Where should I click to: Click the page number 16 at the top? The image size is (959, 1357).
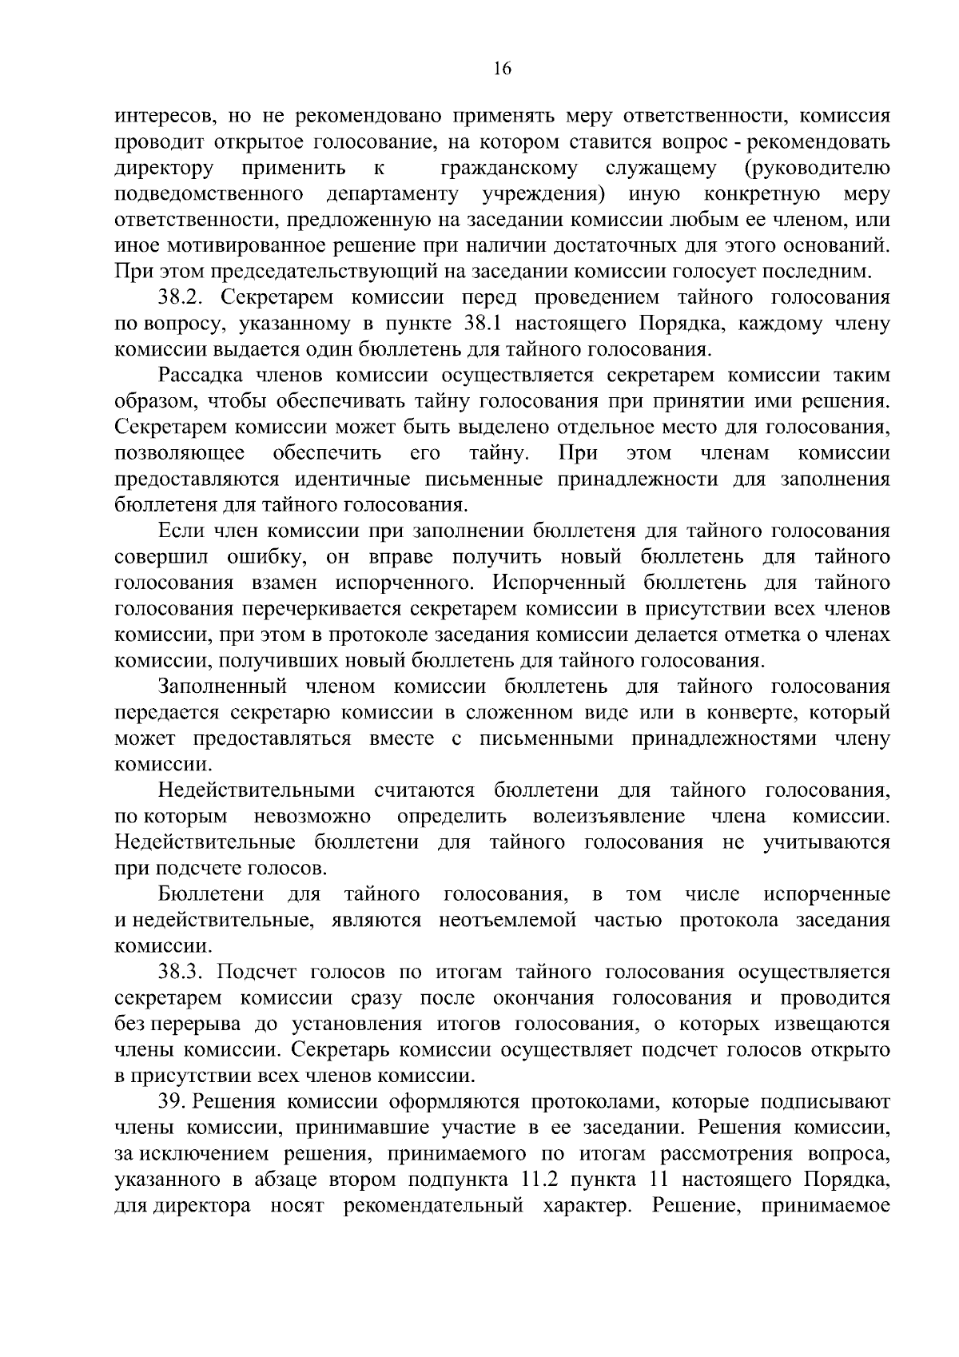tap(503, 69)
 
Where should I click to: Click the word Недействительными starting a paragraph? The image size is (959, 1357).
tap(257, 791)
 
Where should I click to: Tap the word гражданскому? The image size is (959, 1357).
tap(510, 169)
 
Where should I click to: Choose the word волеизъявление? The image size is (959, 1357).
tap(609, 817)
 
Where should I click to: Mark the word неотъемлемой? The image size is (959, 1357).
tap(507, 920)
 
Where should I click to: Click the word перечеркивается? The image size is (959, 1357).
tap(320, 609)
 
